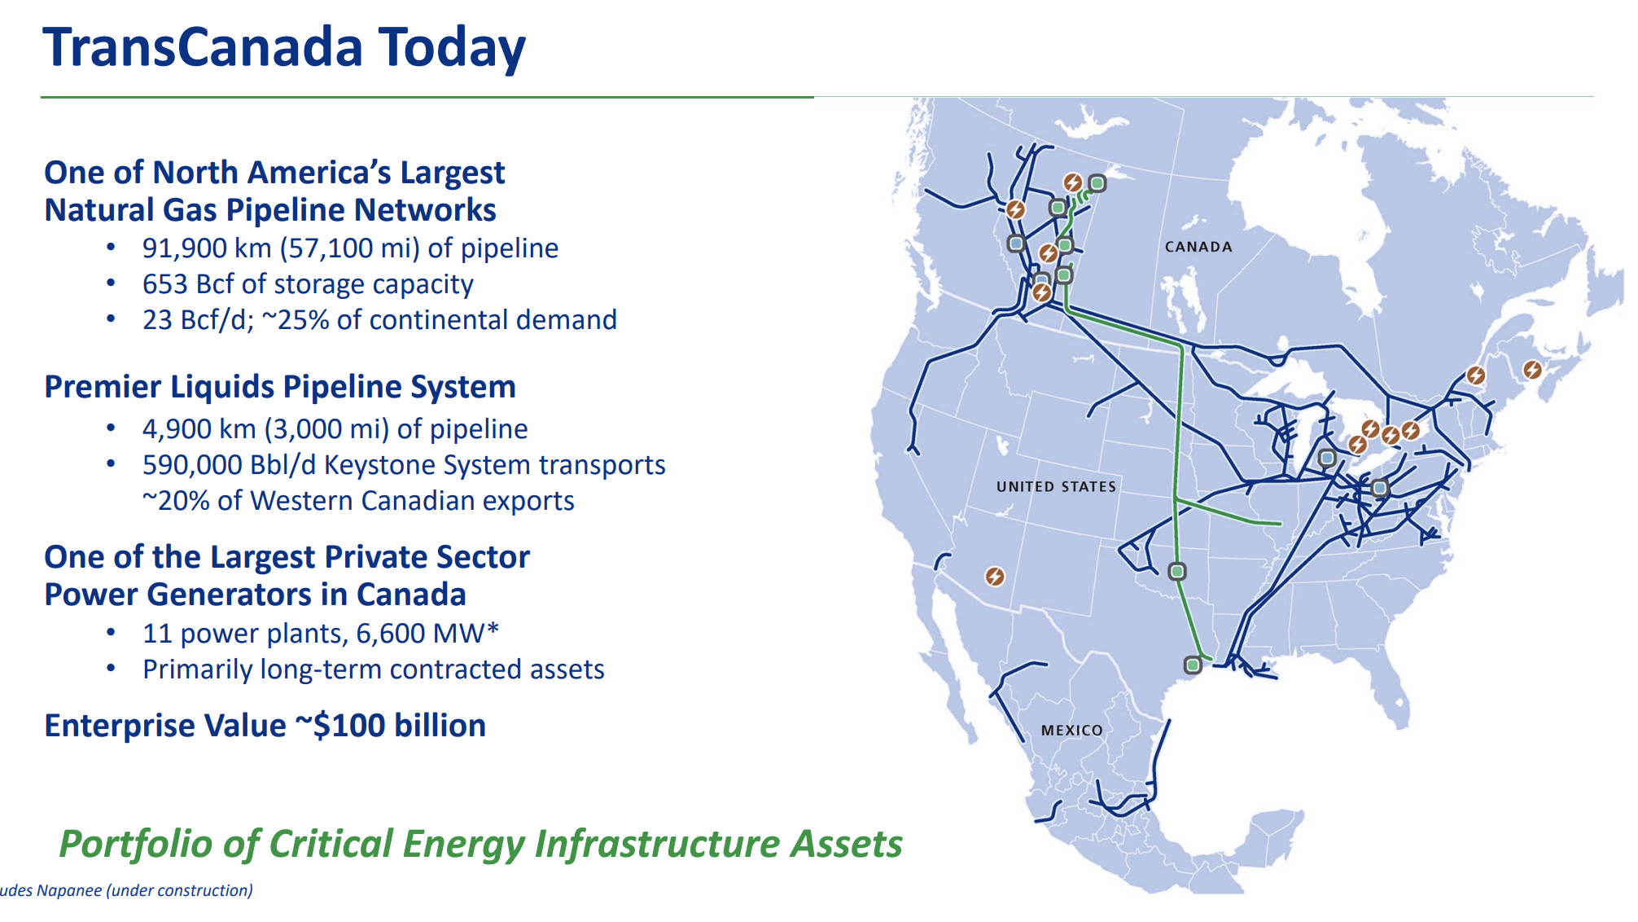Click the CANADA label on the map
pos(1198,247)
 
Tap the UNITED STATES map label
pos(1057,486)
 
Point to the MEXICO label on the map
pos(1072,731)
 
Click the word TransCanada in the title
pos(203,46)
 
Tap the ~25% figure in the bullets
pos(296,320)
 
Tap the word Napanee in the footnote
pos(69,890)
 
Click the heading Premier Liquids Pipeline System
pos(280,387)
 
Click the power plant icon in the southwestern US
pos(995,577)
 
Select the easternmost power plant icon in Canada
pos(1532,370)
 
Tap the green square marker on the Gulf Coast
pos(1193,665)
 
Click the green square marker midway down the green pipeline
pos(1177,571)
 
